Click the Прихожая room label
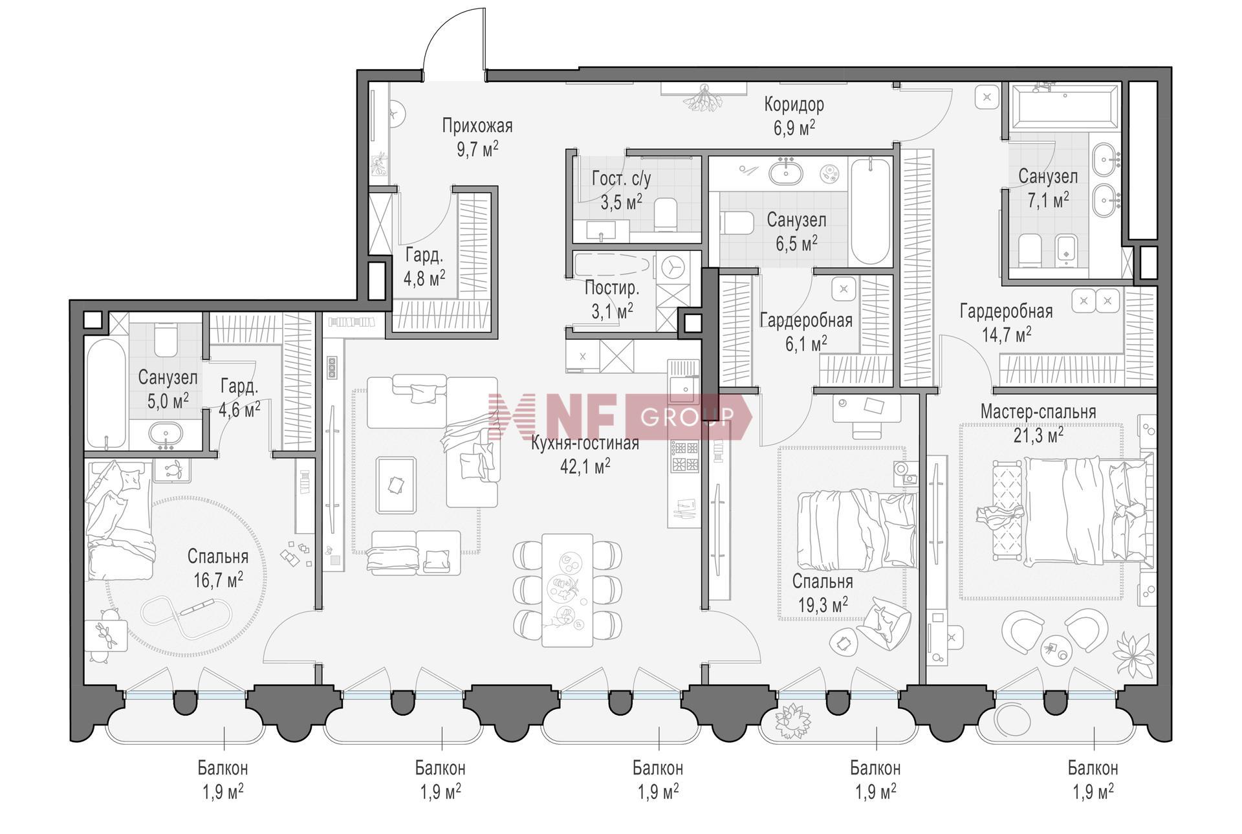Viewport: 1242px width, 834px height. (x=477, y=125)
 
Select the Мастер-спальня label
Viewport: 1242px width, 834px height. (x=1038, y=412)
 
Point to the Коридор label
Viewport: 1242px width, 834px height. (x=794, y=104)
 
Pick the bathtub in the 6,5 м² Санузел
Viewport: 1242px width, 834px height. (x=870, y=211)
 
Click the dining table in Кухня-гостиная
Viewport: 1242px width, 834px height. (x=567, y=589)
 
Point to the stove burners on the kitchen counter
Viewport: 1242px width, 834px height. (x=684, y=455)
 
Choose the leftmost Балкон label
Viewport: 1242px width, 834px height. (x=223, y=768)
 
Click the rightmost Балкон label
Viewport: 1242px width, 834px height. (x=1093, y=768)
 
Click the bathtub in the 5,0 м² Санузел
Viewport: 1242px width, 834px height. (x=106, y=394)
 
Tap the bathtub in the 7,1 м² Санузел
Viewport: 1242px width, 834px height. (x=1065, y=107)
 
